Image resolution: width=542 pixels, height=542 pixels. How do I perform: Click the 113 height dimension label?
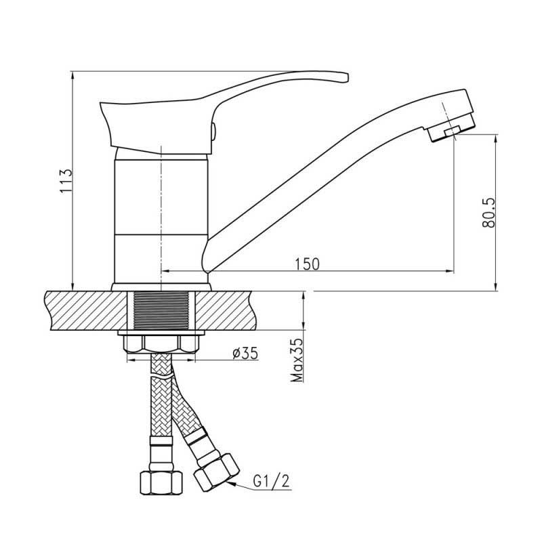click(66, 181)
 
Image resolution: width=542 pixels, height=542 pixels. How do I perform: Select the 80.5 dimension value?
click(488, 213)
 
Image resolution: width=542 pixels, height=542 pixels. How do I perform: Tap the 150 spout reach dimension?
click(308, 264)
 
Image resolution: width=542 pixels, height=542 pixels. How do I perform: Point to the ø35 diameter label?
click(245, 353)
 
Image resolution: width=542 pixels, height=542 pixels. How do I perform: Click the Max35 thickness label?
click(297, 360)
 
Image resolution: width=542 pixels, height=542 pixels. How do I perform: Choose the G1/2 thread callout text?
click(271, 481)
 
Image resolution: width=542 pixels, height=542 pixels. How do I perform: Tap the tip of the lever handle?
click(346, 77)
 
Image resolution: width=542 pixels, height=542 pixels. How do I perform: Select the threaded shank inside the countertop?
click(161, 310)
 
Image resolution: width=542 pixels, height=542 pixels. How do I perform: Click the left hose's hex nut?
click(161, 482)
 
